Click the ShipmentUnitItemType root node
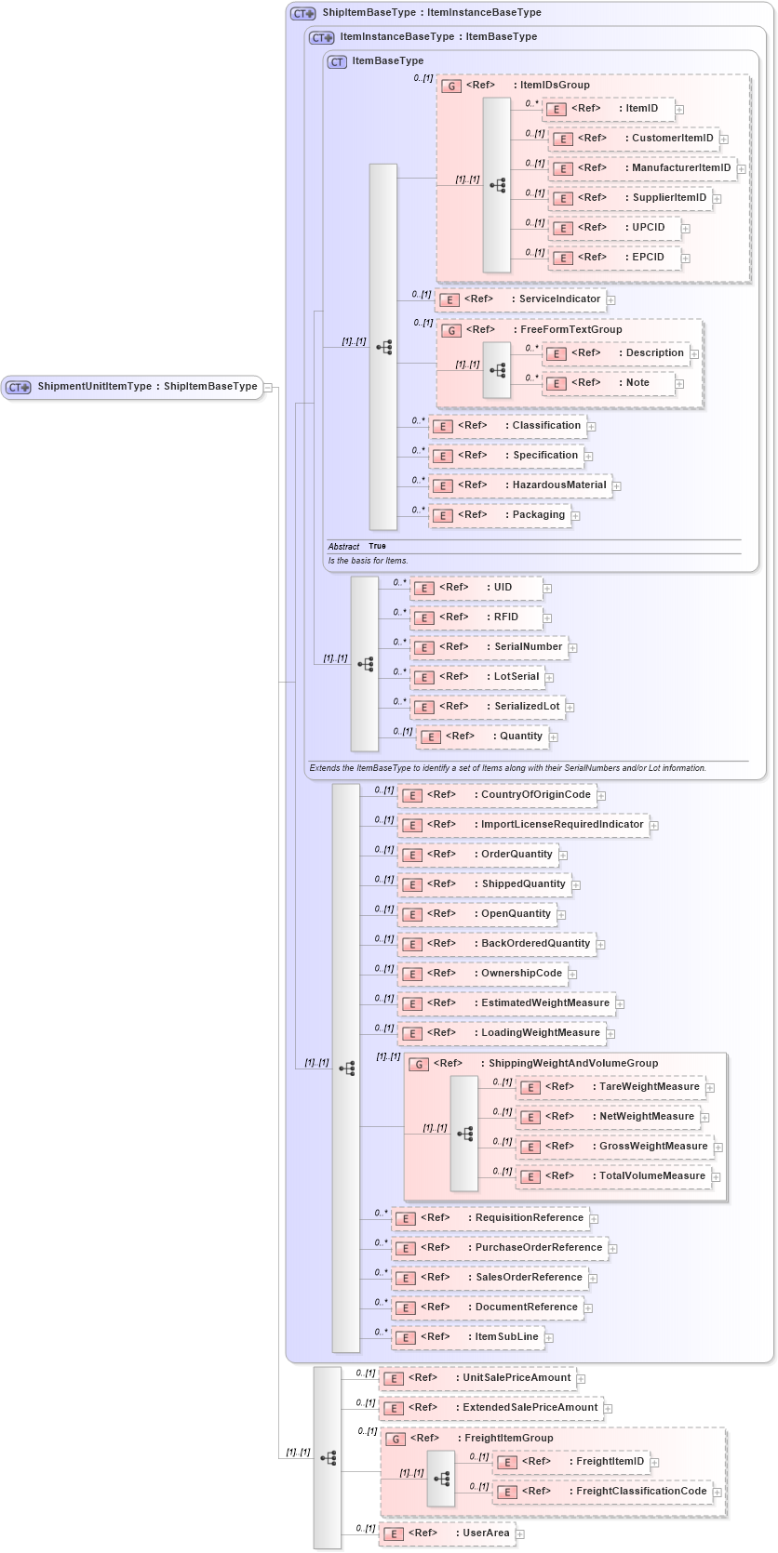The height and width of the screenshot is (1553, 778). (x=133, y=387)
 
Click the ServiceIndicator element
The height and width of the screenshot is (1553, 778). (x=521, y=299)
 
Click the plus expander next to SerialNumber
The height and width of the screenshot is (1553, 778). (x=572, y=648)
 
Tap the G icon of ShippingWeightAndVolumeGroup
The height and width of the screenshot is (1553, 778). (x=420, y=1064)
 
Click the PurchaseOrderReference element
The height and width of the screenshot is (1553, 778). (x=500, y=1248)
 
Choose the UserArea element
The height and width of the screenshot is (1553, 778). (x=448, y=1533)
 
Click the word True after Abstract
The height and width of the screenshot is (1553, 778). (x=377, y=547)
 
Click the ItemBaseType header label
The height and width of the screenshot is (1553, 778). (x=387, y=61)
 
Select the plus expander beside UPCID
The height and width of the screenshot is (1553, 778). (x=686, y=229)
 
